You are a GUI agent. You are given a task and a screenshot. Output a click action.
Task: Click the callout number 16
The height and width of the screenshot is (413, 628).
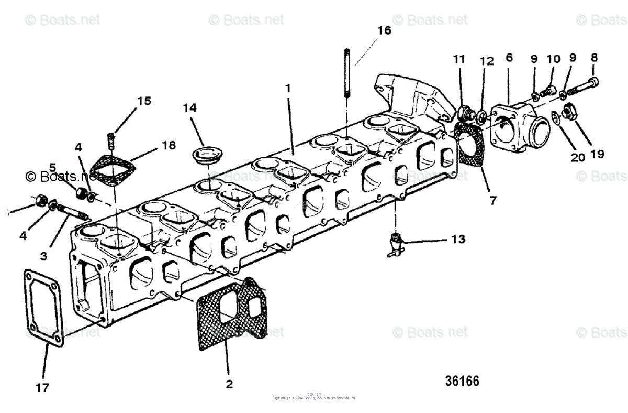384,30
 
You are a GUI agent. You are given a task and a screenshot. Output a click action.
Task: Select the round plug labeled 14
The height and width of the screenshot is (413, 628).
204,155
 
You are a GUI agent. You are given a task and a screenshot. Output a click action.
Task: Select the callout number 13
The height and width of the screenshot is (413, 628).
457,240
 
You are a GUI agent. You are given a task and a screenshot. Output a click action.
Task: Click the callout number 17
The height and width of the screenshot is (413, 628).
42,387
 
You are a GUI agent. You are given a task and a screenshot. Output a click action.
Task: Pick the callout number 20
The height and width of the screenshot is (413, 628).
578,157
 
